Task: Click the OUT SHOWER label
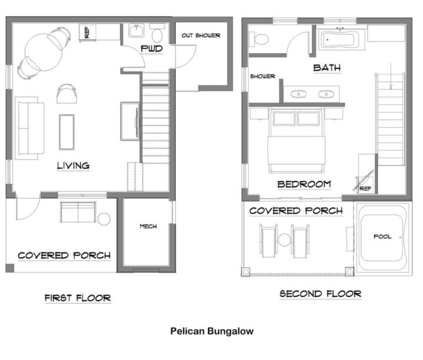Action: (x=200, y=35)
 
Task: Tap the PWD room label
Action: (x=151, y=49)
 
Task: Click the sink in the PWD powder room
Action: (x=137, y=30)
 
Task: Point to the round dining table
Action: (x=43, y=52)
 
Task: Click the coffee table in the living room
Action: (x=67, y=132)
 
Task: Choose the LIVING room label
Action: (x=73, y=166)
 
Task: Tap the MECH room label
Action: (x=148, y=226)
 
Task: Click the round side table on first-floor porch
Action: (x=104, y=219)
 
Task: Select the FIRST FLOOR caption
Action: (x=78, y=298)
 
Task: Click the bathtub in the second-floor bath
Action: (x=339, y=40)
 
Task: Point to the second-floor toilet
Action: (x=258, y=40)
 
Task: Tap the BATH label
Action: (x=327, y=68)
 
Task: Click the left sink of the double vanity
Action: (x=299, y=94)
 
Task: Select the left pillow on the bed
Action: (x=284, y=118)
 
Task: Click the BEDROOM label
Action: (x=304, y=184)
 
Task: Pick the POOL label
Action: (x=382, y=237)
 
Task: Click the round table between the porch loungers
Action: (x=284, y=240)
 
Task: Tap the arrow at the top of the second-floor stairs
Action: (x=391, y=77)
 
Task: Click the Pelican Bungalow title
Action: (x=211, y=331)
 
